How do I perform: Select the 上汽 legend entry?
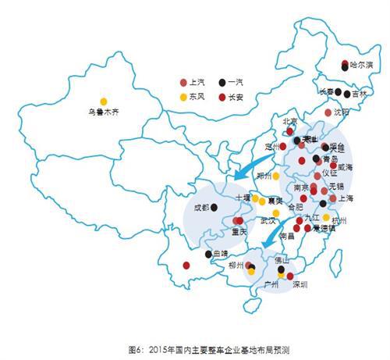(194, 82)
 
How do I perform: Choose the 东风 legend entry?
(194, 96)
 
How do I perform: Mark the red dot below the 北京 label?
(290, 132)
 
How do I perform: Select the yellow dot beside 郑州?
(275, 176)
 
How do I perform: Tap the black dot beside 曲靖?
(207, 255)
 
